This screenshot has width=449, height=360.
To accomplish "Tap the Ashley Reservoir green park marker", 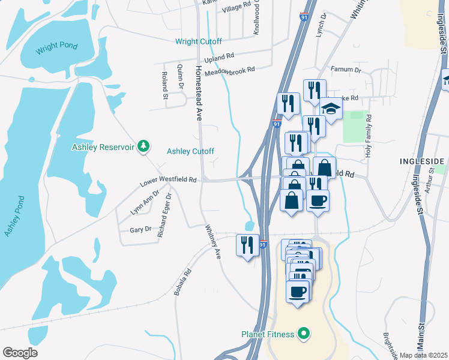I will (x=143, y=146).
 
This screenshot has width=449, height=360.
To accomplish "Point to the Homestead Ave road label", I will (x=198, y=94).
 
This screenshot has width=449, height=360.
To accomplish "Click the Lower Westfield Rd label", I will (x=168, y=180).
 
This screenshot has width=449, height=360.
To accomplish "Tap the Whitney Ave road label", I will (x=213, y=242).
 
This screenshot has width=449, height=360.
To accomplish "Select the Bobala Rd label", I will (x=182, y=281).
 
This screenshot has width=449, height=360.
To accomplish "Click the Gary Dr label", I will (x=140, y=230).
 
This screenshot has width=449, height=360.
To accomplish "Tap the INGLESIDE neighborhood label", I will (x=422, y=161).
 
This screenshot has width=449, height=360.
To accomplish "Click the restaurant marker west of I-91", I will (x=247, y=245).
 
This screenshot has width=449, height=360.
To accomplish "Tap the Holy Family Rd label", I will (x=368, y=137).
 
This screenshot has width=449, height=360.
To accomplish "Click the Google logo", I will (x=20, y=353).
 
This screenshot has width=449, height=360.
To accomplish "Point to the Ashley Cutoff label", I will (x=190, y=151).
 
